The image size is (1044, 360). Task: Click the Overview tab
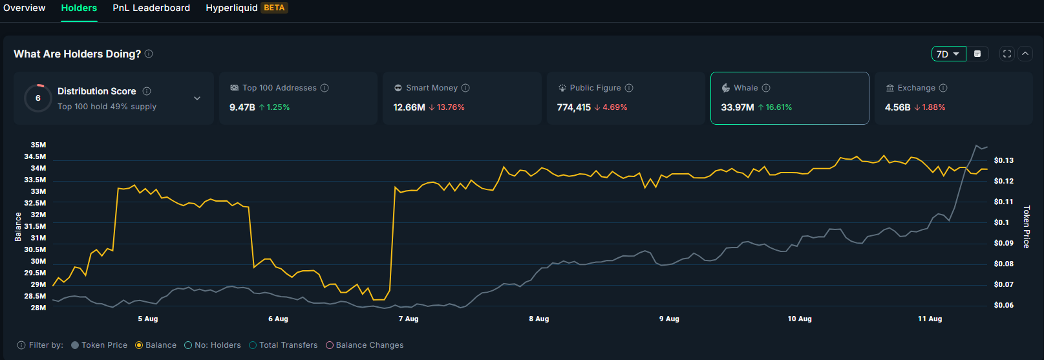25,8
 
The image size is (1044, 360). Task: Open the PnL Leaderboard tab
151,8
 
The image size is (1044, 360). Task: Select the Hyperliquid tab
231,8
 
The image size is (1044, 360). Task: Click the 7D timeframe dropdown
948,54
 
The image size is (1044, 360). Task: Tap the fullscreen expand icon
1007,54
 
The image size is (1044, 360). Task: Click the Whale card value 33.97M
737,107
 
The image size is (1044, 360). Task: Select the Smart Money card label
431,88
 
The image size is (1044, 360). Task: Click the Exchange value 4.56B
897,107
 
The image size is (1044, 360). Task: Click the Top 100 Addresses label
279,88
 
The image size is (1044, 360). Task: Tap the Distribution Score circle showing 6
38,98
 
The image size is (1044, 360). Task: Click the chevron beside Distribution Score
197,98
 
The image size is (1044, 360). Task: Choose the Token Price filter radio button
75,345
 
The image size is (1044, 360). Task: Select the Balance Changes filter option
330,345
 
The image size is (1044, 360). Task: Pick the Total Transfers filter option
253,345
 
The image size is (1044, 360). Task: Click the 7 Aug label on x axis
409,319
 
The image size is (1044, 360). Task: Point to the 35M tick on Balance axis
38,145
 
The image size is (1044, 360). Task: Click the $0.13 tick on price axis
1003,160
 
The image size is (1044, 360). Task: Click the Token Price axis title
1027,226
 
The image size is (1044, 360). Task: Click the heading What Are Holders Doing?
77,54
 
